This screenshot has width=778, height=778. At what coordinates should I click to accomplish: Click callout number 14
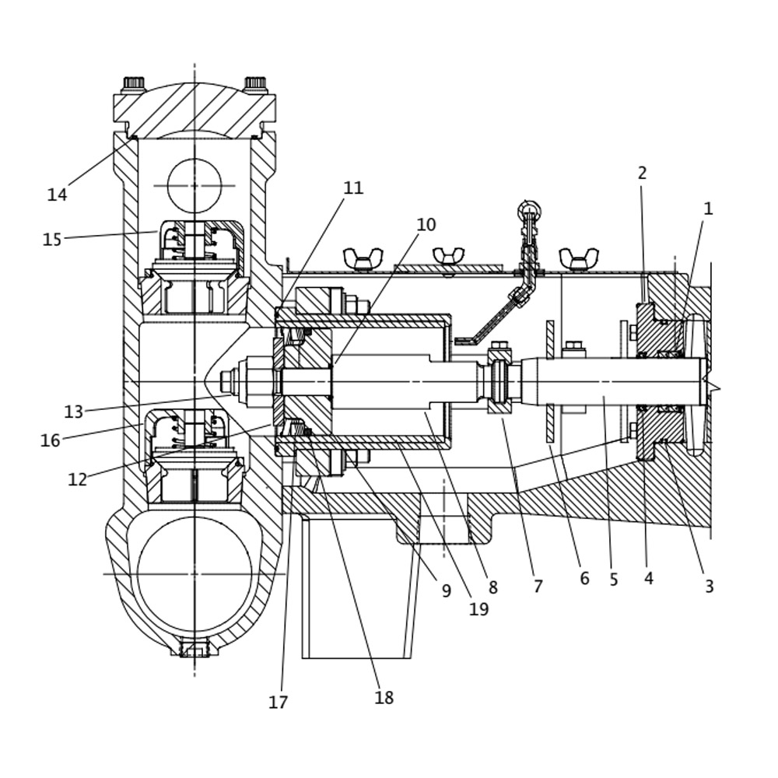click(57, 194)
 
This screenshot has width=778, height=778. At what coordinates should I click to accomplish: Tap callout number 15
click(51, 240)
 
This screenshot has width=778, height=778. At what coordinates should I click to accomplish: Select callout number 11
click(353, 188)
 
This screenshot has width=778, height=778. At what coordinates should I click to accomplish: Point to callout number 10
click(426, 225)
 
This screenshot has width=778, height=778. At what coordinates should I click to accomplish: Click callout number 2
click(642, 173)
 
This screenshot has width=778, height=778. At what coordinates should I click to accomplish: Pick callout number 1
click(708, 209)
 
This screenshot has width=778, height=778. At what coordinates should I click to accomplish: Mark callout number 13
click(73, 412)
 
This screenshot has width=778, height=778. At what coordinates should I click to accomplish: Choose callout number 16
click(50, 440)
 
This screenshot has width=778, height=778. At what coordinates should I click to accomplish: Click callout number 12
click(77, 480)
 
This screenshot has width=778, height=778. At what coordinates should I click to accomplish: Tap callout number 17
click(278, 702)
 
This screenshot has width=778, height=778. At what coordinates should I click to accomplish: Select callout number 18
click(384, 698)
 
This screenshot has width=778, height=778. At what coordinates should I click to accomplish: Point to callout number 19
click(478, 609)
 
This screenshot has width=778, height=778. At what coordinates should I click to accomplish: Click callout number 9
click(446, 591)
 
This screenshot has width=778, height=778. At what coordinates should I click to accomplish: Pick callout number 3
click(709, 587)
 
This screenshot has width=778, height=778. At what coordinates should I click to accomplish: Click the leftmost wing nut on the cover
click(363, 258)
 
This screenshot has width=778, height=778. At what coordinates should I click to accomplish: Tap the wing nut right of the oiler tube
click(579, 258)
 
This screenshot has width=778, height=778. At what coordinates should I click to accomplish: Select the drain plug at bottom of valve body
click(194, 648)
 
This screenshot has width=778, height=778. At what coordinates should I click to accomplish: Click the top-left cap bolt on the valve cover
click(134, 82)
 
